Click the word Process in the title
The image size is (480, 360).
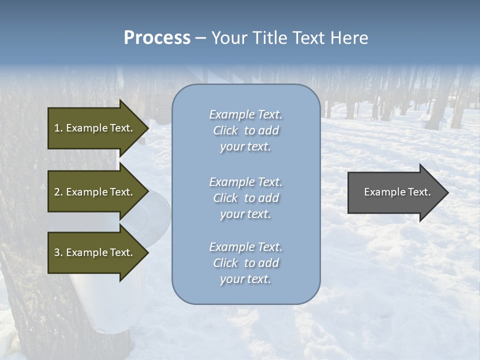(x=157, y=38)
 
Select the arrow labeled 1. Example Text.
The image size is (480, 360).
(x=95, y=128)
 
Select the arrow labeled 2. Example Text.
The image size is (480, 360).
(x=95, y=192)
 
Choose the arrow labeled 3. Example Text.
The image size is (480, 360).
(x=95, y=252)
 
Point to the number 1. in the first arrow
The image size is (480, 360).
(x=58, y=128)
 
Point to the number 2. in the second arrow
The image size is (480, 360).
(x=58, y=192)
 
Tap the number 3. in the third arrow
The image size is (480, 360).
(x=58, y=252)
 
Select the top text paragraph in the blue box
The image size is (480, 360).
(x=245, y=130)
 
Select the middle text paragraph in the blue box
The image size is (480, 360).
(x=245, y=198)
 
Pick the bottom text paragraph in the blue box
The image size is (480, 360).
(x=245, y=263)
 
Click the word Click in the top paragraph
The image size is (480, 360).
(x=225, y=130)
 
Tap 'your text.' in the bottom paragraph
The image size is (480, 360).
(x=245, y=279)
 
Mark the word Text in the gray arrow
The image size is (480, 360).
(x=419, y=192)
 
